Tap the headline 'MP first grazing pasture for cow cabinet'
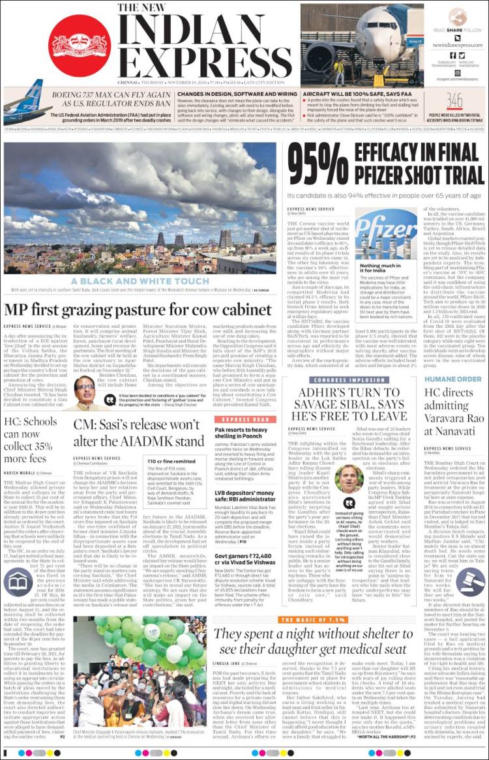pyautogui.click(x=140, y=310)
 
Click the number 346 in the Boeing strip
pyautogui.click(x=454, y=100)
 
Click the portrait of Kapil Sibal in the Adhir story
pyautogui.click(x=349, y=478)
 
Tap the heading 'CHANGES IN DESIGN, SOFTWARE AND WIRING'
pyautogui.click(x=230, y=95)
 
